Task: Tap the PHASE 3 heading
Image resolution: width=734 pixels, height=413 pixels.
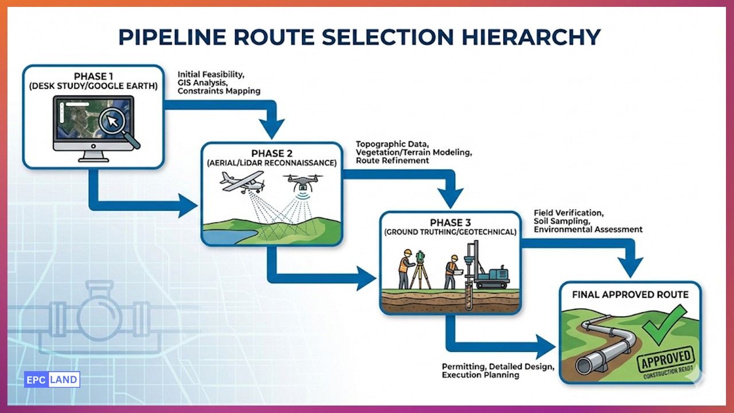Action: [x=450, y=222]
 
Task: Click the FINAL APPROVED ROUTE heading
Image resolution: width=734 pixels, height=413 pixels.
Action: [x=630, y=295]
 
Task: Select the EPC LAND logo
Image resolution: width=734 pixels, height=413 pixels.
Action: [x=52, y=380]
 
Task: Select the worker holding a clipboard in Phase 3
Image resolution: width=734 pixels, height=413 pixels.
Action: [x=451, y=271]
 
